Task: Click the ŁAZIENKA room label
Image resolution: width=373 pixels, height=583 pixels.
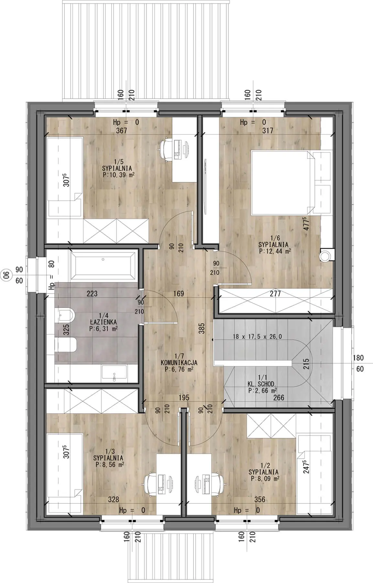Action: [104, 323]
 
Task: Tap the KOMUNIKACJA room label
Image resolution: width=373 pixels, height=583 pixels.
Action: [179, 363]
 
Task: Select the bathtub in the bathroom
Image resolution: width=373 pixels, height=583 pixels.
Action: [103, 266]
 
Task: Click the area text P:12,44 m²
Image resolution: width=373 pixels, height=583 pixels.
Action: [275, 251]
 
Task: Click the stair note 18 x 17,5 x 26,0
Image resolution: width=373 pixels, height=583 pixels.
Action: [257, 337]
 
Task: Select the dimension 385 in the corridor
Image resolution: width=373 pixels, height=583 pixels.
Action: [202, 328]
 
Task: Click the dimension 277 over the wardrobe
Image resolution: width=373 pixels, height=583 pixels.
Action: [275, 294]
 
